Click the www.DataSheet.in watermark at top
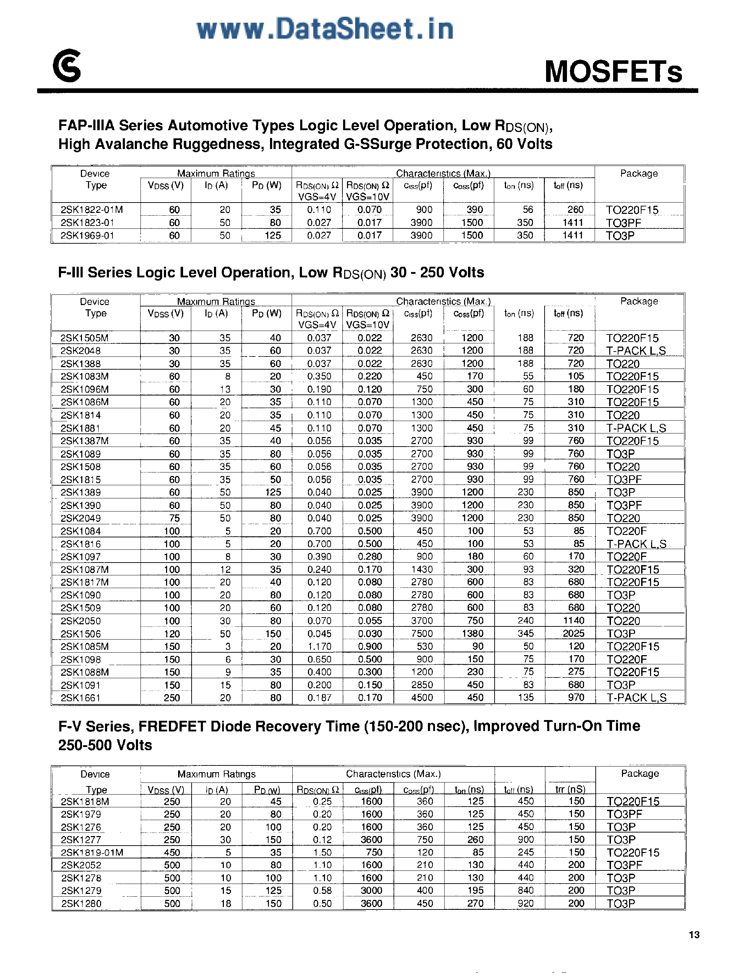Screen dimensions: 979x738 (325, 29)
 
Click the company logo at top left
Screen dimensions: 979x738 (67, 66)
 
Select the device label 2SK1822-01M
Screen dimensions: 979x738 (92, 209)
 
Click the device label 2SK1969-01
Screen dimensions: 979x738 (87, 236)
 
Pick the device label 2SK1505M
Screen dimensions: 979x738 (84, 338)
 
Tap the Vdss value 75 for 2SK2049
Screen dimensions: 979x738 (175, 518)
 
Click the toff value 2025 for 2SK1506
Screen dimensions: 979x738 (573, 634)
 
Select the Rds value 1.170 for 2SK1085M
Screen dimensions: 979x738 (319, 646)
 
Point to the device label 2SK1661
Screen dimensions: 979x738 (81, 697)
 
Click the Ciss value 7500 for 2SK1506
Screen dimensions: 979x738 (422, 634)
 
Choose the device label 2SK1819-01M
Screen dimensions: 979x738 (92, 852)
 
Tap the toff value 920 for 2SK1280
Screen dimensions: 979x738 (525, 903)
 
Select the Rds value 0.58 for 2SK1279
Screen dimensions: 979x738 (322, 890)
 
